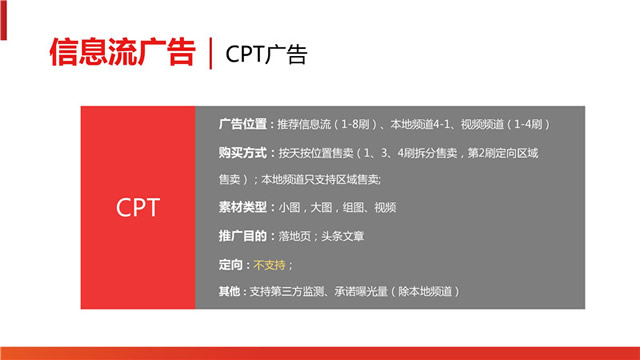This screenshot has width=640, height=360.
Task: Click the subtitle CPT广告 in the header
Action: pyautogui.click(x=266, y=54)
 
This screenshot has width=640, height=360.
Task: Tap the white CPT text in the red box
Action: pyautogui.click(x=137, y=207)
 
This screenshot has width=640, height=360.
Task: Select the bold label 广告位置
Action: pyautogui.click(x=242, y=124)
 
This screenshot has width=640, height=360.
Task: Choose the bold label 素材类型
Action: pyautogui.click(x=242, y=208)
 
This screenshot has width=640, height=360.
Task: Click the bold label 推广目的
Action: pyautogui.click(x=242, y=236)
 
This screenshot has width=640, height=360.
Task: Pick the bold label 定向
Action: pyautogui.click(x=231, y=264)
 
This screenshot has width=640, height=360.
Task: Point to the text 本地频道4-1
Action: pyautogui.click(x=421, y=124)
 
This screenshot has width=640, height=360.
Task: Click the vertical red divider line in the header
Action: pyautogui.click(x=210, y=53)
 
